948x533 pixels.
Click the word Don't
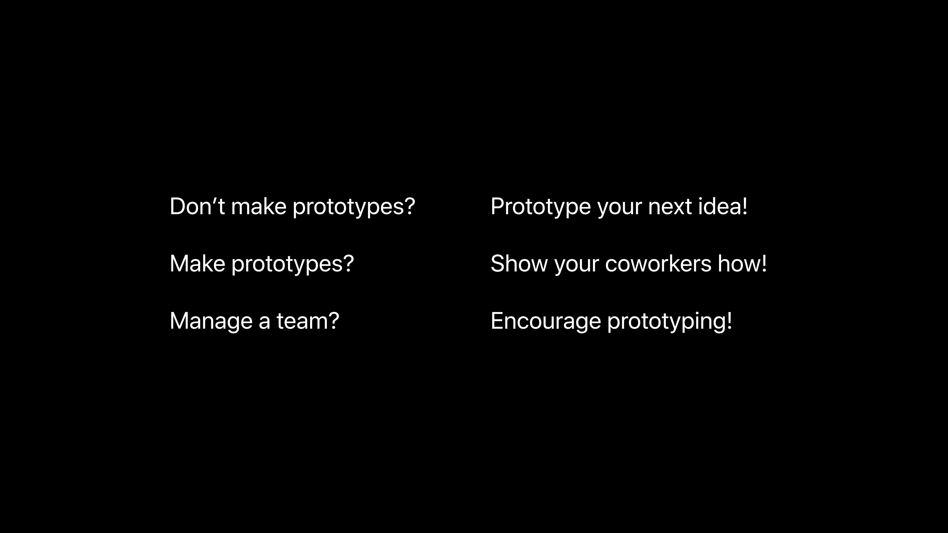click(197, 206)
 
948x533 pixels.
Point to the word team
click(301, 321)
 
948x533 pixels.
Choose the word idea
click(719, 206)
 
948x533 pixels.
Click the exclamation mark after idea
click(745, 206)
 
